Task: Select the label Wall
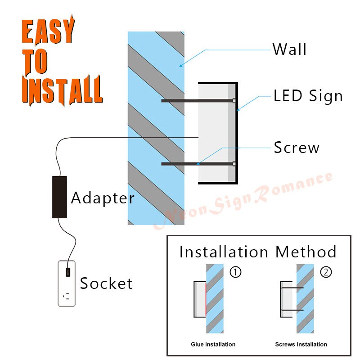click(x=289, y=49)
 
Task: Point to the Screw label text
click(x=297, y=148)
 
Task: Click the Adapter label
click(x=103, y=198)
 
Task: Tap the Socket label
click(x=106, y=283)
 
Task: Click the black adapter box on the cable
click(x=59, y=197)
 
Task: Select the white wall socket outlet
click(x=67, y=284)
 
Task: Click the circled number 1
click(x=236, y=272)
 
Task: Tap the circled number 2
click(x=325, y=272)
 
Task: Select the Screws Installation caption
click(x=301, y=344)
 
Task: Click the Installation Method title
click(x=258, y=252)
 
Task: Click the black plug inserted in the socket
click(x=67, y=272)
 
